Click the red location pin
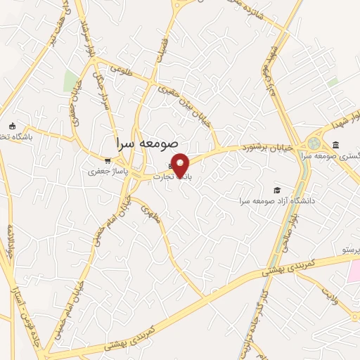[x=181, y=165]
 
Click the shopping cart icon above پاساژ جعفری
[x=107, y=160]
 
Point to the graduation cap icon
[x=278, y=190]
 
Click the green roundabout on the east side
[x=314, y=144]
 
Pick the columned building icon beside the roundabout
[x=335, y=146]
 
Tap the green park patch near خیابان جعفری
[x=70, y=81]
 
